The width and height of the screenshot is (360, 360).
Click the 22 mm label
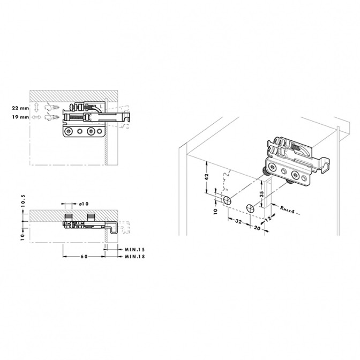point(21,108)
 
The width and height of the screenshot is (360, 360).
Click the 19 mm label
point(21,117)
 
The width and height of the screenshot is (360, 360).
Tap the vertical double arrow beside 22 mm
point(36,108)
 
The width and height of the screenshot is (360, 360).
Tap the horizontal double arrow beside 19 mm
point(36,117)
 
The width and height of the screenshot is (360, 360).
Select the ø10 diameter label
point(84,204)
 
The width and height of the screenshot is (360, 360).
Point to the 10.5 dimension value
point(22,201)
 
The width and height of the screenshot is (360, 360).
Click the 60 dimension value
point(84,257)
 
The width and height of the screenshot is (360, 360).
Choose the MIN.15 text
point(135,250)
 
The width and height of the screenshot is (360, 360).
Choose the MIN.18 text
point(135,257)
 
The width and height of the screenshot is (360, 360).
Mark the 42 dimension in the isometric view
point(207,177)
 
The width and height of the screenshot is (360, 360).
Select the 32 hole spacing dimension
point(238,221)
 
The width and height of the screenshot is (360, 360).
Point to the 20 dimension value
point(257,228)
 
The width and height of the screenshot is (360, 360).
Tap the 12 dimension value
point(268,218)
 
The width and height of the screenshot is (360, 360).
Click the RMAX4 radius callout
point(287,209)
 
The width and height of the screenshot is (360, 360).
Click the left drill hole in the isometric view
point(227,200)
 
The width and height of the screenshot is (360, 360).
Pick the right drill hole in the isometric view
point(251,208)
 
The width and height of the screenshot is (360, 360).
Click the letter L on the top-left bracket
point(101,107)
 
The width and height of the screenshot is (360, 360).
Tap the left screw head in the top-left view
point(68,131)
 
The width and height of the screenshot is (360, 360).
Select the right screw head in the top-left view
point(91,131)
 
